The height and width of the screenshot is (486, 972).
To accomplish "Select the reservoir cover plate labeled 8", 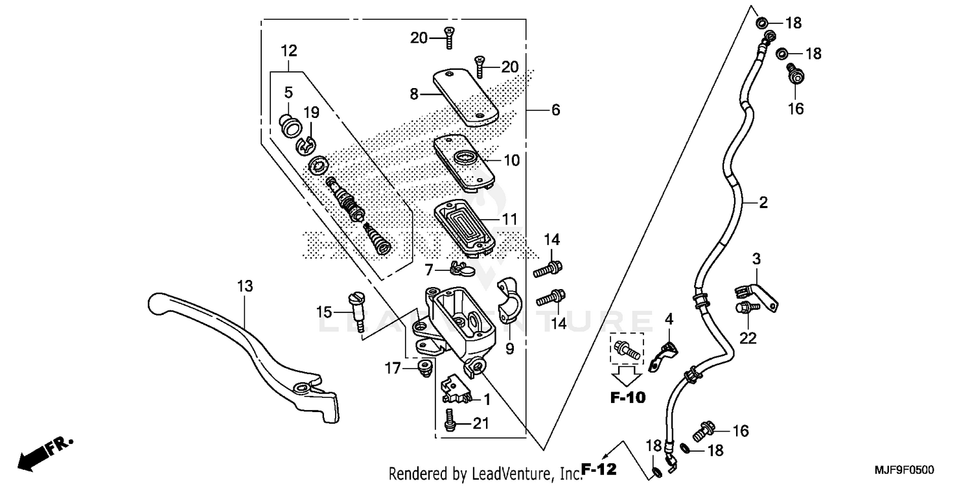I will (465, 97).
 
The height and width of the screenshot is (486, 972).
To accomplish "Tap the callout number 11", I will (510, 219).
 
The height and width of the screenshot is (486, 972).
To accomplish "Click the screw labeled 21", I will (450, 422).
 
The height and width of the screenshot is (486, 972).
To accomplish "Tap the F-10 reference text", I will (628, 398).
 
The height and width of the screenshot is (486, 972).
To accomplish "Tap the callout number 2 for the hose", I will (763, 203).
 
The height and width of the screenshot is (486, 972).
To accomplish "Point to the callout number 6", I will (555, 110).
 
